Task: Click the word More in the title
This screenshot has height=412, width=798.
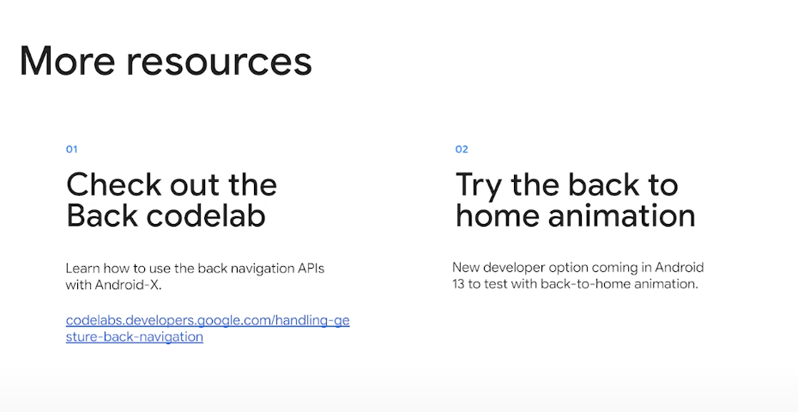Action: [67, 61]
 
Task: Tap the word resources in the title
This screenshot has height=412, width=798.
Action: [219, 63]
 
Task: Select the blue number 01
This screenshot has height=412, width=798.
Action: [71, 149]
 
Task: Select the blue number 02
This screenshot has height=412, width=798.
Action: [461, 149]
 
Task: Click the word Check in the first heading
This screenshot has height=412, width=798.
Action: [113, 185]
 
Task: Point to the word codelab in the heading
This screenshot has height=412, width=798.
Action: [206, 215]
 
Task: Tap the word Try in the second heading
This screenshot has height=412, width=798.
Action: [479, 186]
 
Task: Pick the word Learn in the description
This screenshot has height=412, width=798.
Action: [81, 269]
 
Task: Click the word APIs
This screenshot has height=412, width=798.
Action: [310, 269]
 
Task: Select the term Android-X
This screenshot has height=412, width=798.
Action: [128, 285]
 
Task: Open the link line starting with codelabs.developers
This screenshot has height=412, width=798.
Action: [208, 321]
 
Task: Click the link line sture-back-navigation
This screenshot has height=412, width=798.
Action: [135, 336]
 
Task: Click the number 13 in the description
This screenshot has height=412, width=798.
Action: [458, 283]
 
